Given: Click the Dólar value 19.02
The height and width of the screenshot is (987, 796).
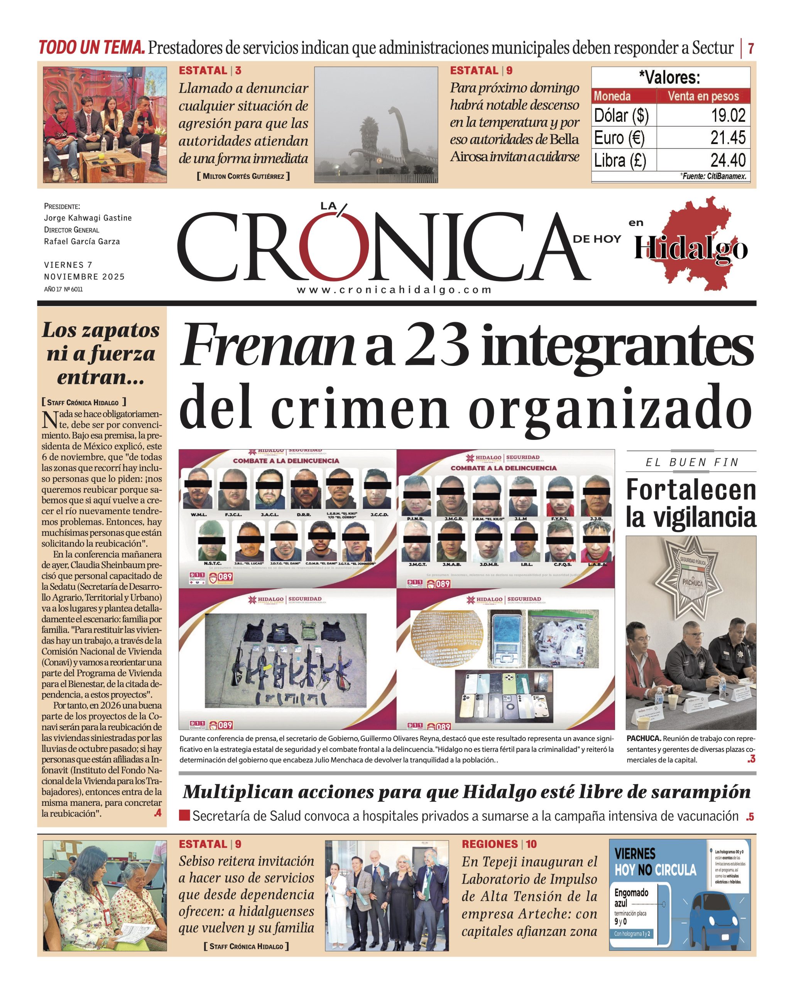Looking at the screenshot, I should [x=728, y=115].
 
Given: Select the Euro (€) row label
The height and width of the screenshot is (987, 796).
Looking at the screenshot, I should [x=619, y=138].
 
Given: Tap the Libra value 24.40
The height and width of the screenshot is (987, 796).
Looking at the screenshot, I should [x=728, y=160].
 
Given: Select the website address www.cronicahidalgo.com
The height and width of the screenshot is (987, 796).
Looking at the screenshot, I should [x=394, y=290].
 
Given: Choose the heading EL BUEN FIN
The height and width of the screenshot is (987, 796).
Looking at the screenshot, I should [x=692, y=462].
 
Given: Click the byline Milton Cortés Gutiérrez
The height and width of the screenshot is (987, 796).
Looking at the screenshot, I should [x=243, y=176].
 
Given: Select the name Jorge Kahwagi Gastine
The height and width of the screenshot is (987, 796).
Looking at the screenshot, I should [x=88, y=218].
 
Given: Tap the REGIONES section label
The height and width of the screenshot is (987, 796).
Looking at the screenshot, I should [x=489, y=844].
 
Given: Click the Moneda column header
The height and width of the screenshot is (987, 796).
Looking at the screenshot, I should [x=612, y=96].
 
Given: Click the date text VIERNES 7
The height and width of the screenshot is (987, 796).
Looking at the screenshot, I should [x=68, y=265].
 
